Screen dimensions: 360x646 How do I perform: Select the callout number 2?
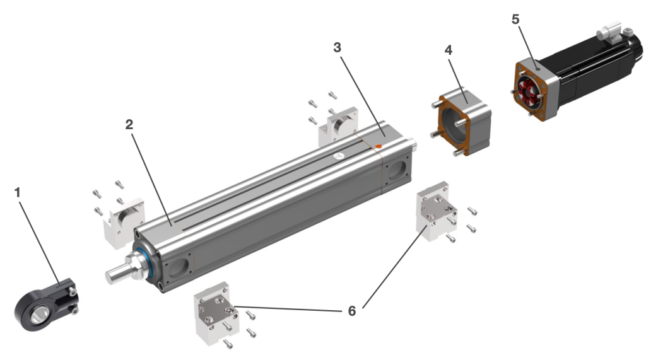coord(129,124)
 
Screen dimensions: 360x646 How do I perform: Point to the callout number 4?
coord(448,50)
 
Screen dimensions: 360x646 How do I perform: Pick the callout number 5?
coord(515,19)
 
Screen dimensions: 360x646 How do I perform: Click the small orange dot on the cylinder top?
coord(378,147)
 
